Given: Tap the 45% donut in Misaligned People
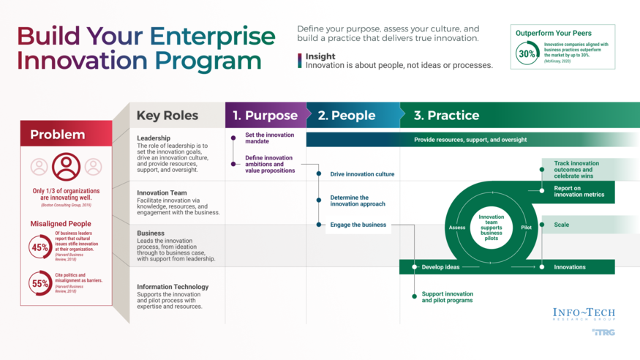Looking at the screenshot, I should (x=39, y=247).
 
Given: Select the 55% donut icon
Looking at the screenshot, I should (x=39, y=283).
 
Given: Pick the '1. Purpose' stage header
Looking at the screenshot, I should (x=265, y=116).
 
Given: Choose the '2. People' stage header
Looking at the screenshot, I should (x=347, y=116).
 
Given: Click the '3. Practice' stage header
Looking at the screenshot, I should (x=446, y=116).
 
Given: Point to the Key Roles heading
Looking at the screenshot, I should (x=167, y=116).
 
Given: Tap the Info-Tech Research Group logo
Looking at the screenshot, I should (x=584, y=315).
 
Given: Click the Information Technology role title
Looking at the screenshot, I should (x=173, y=287).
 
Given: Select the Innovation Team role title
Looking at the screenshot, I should (x=162, y=193).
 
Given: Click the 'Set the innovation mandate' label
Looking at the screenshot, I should (x=269, y=138).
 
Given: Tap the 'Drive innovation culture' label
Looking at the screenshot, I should (x=362, y=174).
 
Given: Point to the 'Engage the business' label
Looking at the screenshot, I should (x=358, y=225).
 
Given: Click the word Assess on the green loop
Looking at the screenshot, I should (x=456, y=228).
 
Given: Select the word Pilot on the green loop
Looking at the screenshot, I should (x=526, y=228).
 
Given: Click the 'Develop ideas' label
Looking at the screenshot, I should (x=440, y=267).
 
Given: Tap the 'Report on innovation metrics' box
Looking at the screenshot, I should (x=579, y=192).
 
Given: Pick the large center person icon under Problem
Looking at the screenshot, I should (x=66, y=167).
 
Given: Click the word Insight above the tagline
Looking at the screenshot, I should (x=320, y=56).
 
